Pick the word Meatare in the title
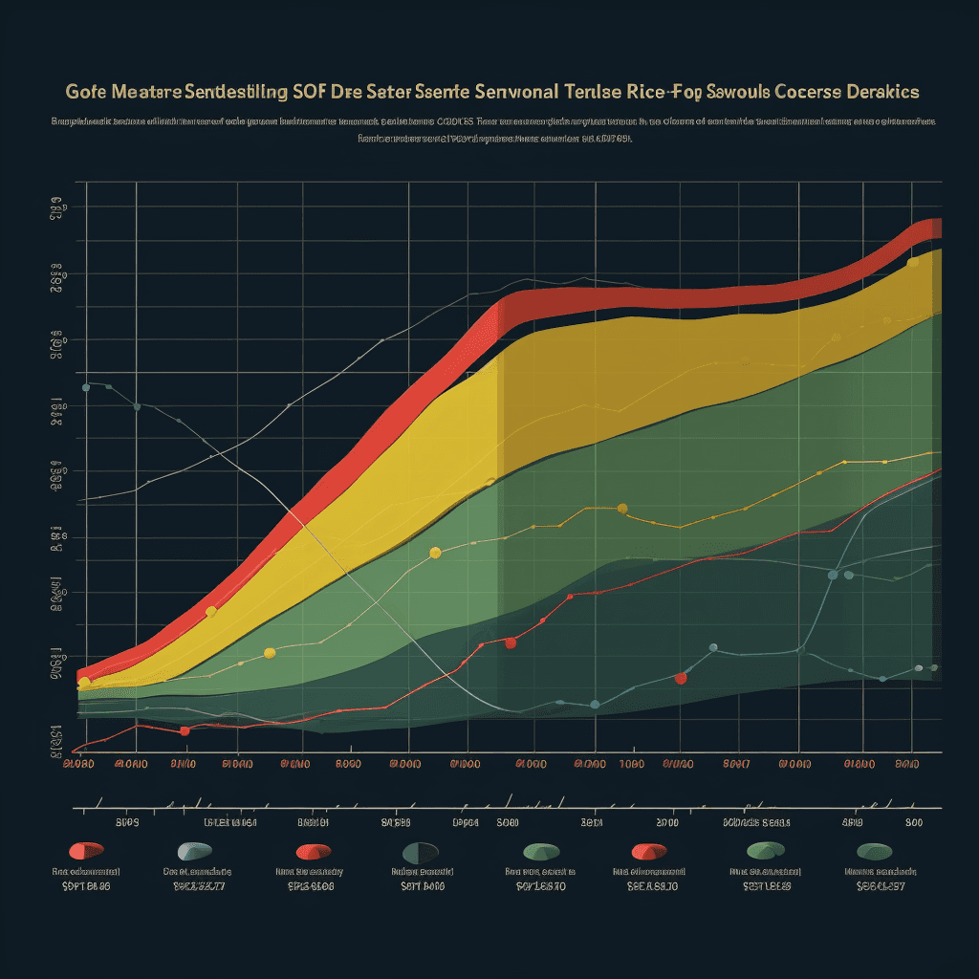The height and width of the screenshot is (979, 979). pos(146,92)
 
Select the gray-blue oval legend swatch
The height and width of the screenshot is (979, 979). pos(194,850)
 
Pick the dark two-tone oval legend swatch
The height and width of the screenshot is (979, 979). pos(421,851)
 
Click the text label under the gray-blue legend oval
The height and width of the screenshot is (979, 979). pos(197,872)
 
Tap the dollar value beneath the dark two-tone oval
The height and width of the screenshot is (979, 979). pos(422,886)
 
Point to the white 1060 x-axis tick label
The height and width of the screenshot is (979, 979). pos(630,765)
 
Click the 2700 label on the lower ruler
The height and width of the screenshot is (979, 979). pos(667,821)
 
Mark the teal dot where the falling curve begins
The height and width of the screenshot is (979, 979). pos(86,387)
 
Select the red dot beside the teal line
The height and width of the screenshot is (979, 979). pos(681,678)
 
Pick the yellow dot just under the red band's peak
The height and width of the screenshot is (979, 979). pos(912,261)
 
